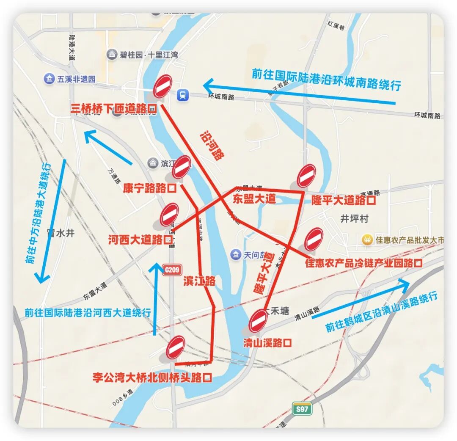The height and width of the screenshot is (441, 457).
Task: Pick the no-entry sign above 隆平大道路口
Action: (x=306, y=176)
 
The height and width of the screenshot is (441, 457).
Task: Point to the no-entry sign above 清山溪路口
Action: (x=258, y=321)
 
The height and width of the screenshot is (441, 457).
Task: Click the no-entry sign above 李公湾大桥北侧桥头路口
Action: (x=176, y=347)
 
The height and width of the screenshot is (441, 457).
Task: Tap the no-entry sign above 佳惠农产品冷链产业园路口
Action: (x=314, y=239)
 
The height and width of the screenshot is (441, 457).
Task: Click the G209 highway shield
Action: (x=172, y=269)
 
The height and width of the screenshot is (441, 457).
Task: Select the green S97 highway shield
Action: (x=302, y=409)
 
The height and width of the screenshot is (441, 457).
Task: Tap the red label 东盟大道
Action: (x=254, y=199)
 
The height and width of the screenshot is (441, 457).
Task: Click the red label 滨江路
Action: (x=199, y=281)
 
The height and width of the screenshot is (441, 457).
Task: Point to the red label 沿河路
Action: (x=211, y=146)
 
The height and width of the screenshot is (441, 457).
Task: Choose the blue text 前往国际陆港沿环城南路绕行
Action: (x=326, y=79)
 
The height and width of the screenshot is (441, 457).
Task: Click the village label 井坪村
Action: (x=355, y=218)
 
